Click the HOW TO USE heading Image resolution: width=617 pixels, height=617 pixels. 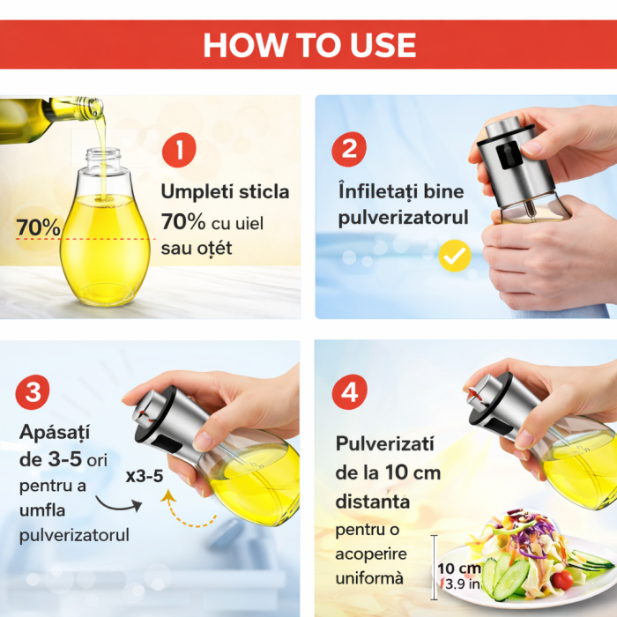308,44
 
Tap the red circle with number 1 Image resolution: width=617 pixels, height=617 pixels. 180,150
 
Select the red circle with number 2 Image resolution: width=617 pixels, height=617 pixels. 349,149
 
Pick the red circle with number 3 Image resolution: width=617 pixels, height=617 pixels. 33,393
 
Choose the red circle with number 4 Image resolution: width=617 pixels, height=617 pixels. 350,393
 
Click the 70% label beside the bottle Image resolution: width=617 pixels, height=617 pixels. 38,227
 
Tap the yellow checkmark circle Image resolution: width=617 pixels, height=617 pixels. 455,256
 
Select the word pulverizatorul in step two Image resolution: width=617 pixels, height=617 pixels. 403,219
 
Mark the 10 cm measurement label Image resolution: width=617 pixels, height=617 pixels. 459,568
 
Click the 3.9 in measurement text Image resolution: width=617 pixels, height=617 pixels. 462,584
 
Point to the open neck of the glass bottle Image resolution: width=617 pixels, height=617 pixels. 104,158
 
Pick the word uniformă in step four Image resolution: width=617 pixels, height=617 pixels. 369,579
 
